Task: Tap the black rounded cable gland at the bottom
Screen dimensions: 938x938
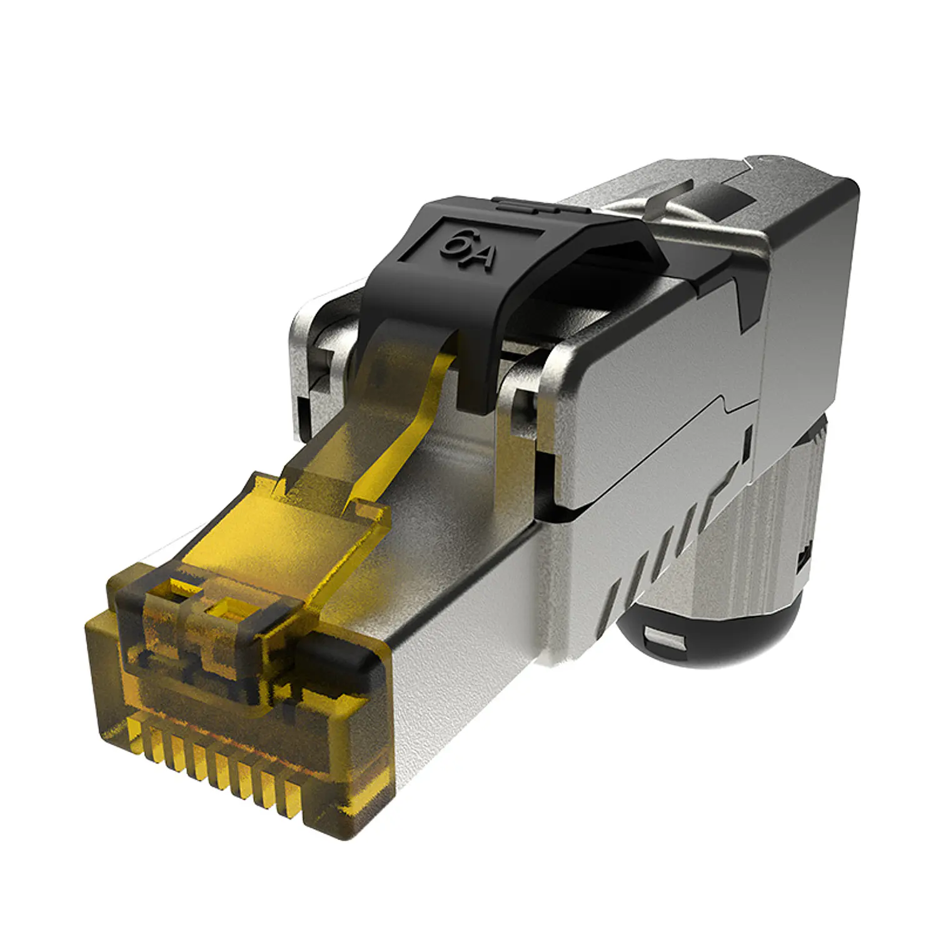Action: click(x=713, y=632)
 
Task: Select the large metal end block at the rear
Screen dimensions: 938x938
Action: click(x=807, y=313)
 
